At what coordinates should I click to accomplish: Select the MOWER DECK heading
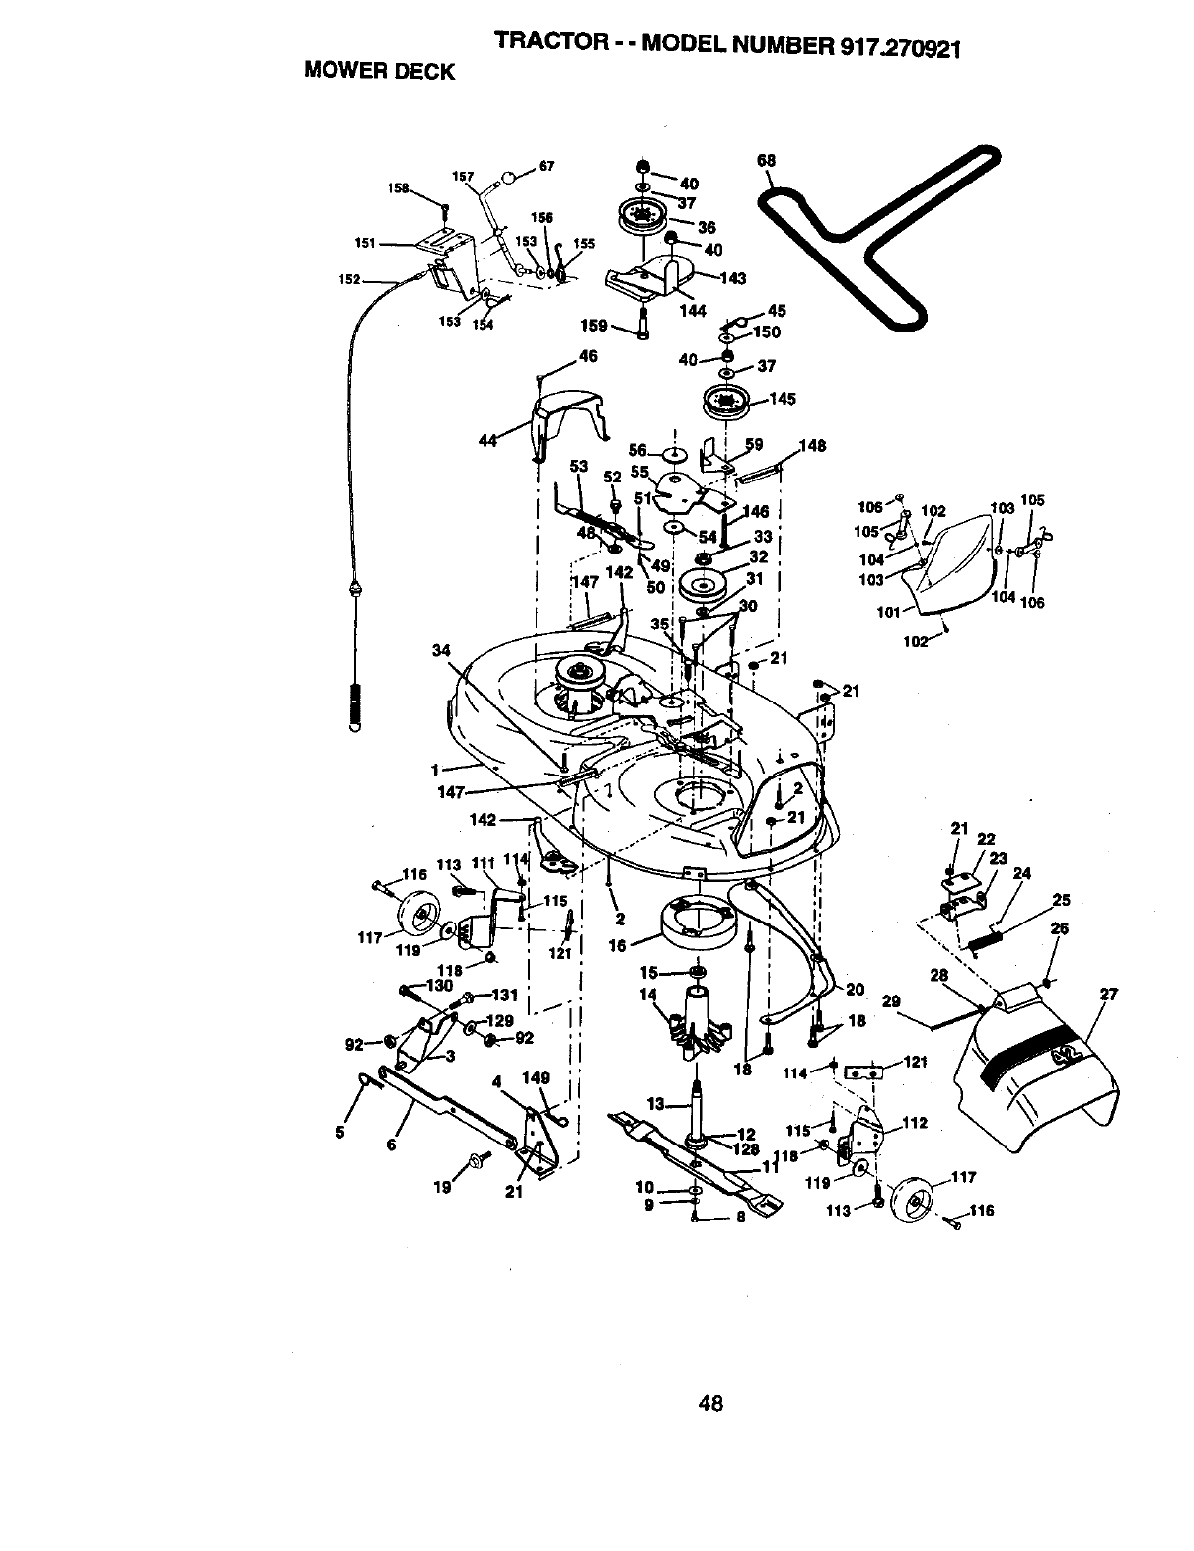pos(379,71)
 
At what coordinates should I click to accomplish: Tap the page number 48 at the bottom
pos(710,1402)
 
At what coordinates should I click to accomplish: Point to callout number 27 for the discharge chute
pos(1108,995)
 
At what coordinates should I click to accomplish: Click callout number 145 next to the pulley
pos(783,399)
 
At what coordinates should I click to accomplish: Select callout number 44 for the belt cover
pos(486,441)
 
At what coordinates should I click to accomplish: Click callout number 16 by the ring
pos(618,945)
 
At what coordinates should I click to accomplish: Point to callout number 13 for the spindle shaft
pos(656,1103)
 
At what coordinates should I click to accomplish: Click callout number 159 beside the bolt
pos(594,325)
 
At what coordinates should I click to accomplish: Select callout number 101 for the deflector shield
pos(888,612)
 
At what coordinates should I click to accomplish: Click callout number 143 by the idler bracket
pos(733,278)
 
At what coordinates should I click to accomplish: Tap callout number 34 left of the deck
pos(441,649)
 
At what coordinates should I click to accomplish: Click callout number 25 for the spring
pos(1061,900)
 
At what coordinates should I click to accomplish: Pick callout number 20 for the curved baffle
pos(855,989)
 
